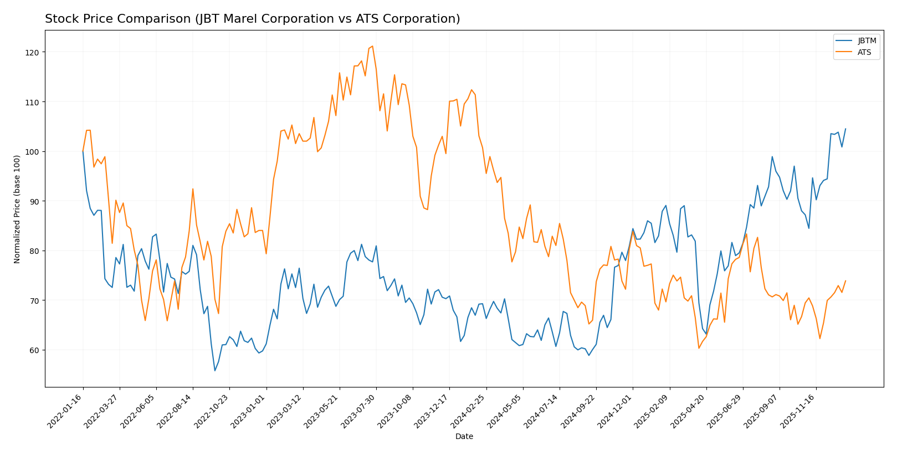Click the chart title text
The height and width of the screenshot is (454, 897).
[x=252, y=19]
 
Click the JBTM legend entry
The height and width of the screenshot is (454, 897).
[x=867, y=41]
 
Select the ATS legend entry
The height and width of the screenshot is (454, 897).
[x=864, y=53]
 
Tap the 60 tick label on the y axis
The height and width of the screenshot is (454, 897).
[x=35, y=350]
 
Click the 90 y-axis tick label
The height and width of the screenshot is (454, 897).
[x=35, y=201]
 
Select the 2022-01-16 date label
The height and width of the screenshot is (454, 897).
[x=66, y=411]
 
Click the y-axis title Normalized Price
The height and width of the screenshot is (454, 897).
[x=17, y=209]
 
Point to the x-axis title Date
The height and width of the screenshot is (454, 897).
[x=464, y=437]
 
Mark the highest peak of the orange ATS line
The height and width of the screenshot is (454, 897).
[x=372, y=46]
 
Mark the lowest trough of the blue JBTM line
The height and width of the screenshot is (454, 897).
[x=215, y=370]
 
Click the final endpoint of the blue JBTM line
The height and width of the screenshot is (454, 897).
[x=845, y=129]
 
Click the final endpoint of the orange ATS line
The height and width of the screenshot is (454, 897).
[x=845, y=280]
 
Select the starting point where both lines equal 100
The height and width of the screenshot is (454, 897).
[x=83, y=151]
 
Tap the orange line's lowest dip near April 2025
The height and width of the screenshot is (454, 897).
[x=699, y=348]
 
